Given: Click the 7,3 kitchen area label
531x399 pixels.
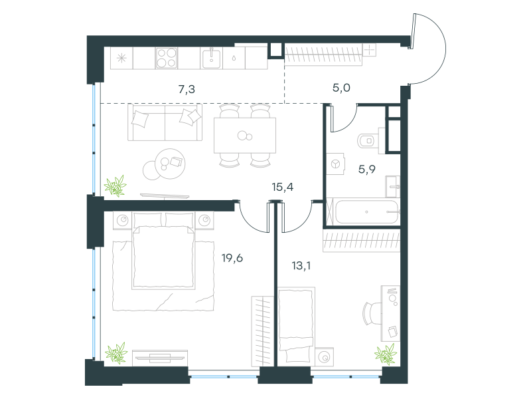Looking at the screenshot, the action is coord(187,89).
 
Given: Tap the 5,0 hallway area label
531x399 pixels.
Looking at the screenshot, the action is coord(341,88).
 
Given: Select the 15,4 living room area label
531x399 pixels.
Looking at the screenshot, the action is coord(283,187).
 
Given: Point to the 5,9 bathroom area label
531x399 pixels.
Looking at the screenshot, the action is coord(367,169).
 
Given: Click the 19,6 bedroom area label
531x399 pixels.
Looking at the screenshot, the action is coord(232,258).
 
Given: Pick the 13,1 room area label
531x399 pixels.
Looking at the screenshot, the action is coord(301,265).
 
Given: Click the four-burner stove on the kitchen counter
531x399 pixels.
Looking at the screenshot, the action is coord(167,58).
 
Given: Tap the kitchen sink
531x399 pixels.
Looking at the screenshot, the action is coord(211,58).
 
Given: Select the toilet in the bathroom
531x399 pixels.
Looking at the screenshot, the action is coord(368,140).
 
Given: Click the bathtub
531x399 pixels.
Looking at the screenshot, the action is coord(366,211).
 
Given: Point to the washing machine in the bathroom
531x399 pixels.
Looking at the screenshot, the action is coord(335,164).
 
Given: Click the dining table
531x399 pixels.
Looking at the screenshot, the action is coord(245,136).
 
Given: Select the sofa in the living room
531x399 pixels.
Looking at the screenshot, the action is coord(165,122).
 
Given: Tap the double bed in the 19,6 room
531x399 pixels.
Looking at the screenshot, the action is coord(163,251).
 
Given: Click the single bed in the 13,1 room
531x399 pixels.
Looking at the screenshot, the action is coord(296,325).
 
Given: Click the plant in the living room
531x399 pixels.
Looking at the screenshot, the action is coord(115,186).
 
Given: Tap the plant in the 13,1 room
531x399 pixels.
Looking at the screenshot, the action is coord(386,354).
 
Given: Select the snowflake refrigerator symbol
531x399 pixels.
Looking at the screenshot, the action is coord(121,58).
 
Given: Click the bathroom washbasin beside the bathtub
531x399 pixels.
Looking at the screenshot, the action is coord(392,186).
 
